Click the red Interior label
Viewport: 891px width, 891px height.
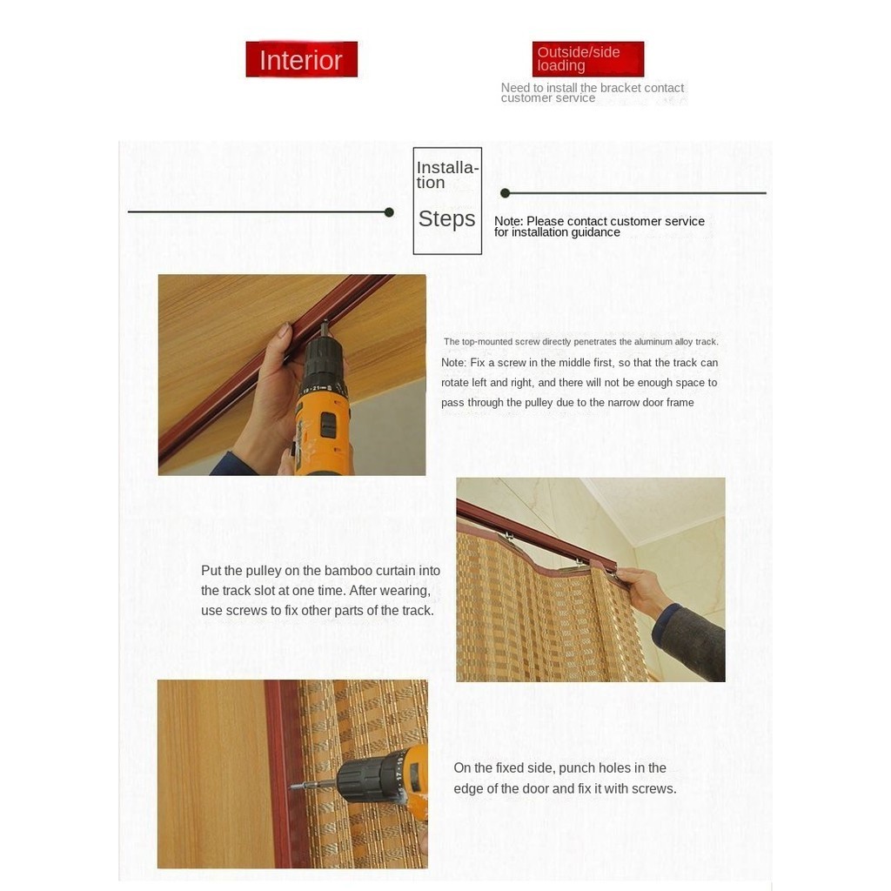pyautogui.click(x=301, y=59)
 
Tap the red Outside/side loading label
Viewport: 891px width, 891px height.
pyautogui.click(x=588, y=59)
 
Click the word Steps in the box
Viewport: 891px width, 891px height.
pyautogui.click(x=446, y=218)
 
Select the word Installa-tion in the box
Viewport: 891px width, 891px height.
pyautogui.click(x=448, y=175)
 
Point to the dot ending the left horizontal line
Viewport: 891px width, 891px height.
pyautogui.click(x=389, y=212)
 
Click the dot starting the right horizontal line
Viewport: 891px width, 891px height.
pyautogui.click(x=505, y=193)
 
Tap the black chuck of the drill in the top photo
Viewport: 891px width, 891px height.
pyautogui.click(x=323, y=364)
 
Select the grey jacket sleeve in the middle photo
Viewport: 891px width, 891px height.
pyautogui.click(x=690, y=642)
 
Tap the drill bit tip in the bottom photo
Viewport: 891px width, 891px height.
pyautogui.click(x=291, y=787)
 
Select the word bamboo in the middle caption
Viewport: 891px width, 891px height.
pyautogui.click(x=348, y=571)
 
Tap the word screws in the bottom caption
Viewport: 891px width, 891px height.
pyautogui.click(x=654, y=788)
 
